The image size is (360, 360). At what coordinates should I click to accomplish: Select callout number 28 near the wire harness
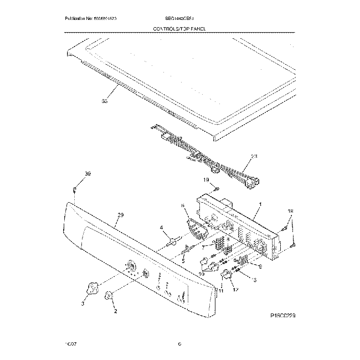pos(254,157)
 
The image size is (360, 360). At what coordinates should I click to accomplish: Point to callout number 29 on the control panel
pos(121,215)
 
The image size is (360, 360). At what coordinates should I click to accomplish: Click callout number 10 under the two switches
pos(202,274)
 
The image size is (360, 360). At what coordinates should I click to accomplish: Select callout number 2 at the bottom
pos(115,311)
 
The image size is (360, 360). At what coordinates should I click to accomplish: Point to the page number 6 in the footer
pos(180,344)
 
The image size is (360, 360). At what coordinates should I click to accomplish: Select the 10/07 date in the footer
pos(69,344)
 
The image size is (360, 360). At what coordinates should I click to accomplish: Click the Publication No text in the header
pos(90,19)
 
